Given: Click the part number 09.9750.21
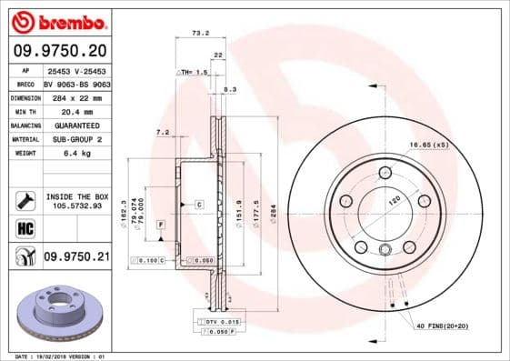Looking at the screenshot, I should click(x=76, y=258).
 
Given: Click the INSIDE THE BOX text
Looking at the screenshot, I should click(x=77, y=196).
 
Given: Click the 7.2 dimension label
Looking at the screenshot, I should click(x=163, y=133).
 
